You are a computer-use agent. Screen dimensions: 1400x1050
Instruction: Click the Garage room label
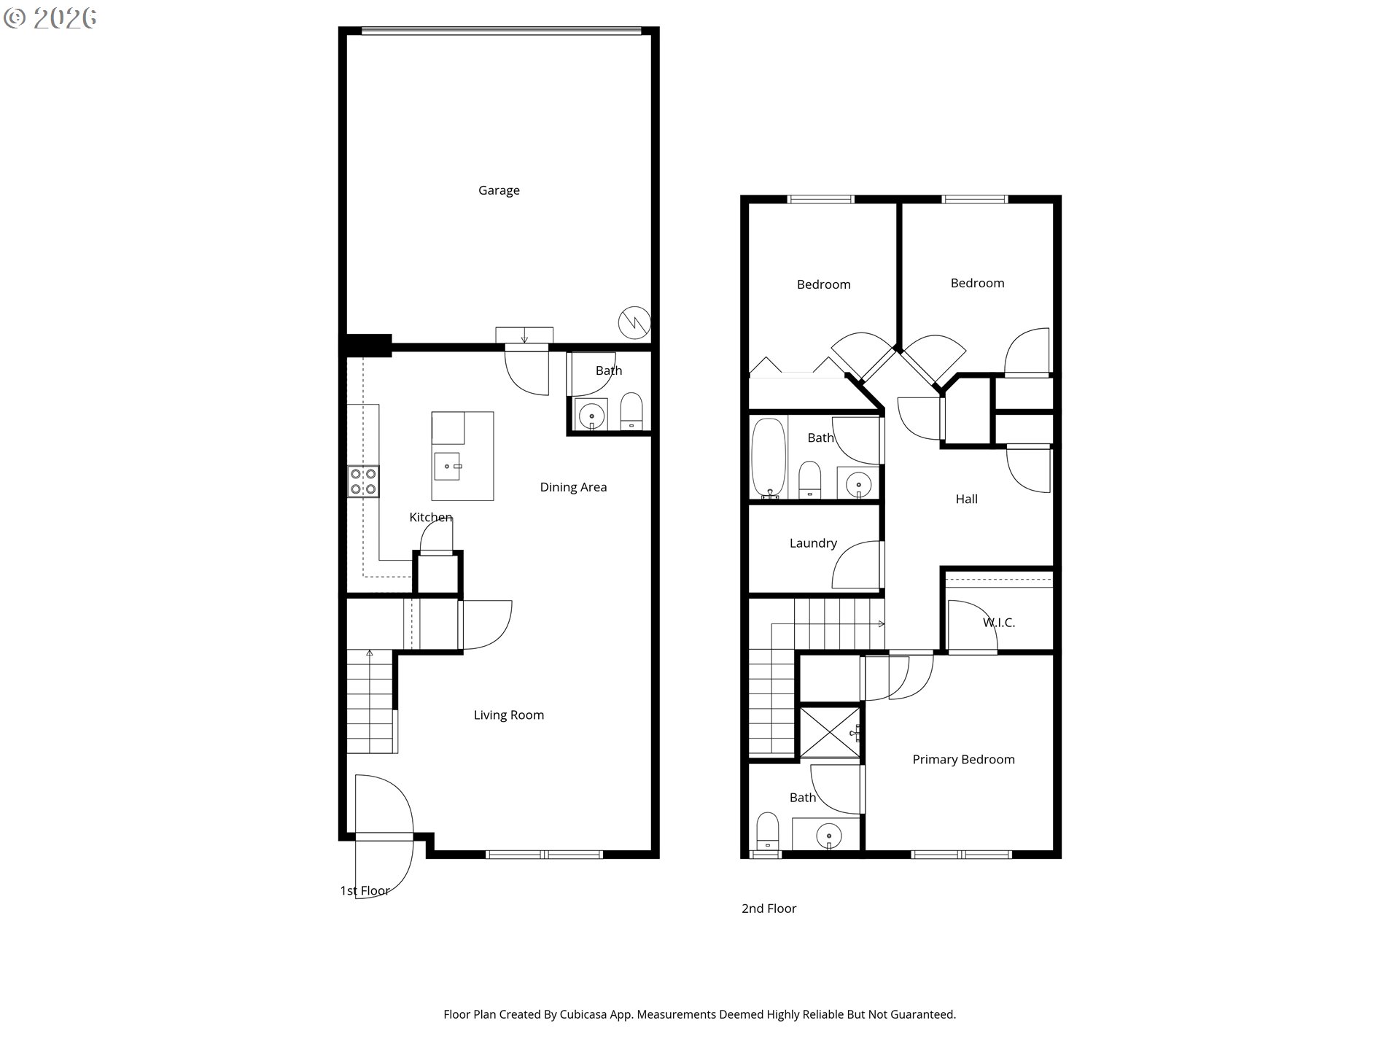pos(499,190)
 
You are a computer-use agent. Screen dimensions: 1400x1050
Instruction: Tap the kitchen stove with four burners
pos(363,481)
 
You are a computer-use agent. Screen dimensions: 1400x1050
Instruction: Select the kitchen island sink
pos(447,466)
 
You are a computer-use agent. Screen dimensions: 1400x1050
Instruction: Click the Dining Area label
pos(573,487)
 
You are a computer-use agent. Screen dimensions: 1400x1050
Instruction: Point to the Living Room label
pos(509,715)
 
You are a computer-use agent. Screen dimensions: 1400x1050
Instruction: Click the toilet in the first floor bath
pos(631,412)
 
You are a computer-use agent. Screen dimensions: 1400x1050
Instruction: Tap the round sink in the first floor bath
pos(591,416)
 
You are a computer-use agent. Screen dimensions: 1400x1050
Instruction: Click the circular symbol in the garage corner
pos(634,322)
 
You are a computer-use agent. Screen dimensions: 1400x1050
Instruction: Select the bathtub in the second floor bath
pos(769,458)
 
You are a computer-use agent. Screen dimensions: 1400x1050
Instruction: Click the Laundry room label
pos(813,543)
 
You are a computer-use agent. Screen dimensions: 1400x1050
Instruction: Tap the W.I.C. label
pos(999,623)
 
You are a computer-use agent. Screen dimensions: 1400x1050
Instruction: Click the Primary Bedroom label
pos(963,760)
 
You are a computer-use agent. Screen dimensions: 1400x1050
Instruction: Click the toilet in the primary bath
pos(768,831)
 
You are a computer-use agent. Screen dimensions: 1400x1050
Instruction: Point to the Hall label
pos(967,499)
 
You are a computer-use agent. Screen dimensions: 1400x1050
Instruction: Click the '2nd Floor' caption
pos(769,909)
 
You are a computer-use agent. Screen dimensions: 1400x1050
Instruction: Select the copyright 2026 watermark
pos(50,18)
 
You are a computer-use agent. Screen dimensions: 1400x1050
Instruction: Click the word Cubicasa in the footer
pos(585,1014)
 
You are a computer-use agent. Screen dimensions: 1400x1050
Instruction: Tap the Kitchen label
pos(431,518)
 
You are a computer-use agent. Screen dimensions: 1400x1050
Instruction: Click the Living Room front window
pos(545,854)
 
